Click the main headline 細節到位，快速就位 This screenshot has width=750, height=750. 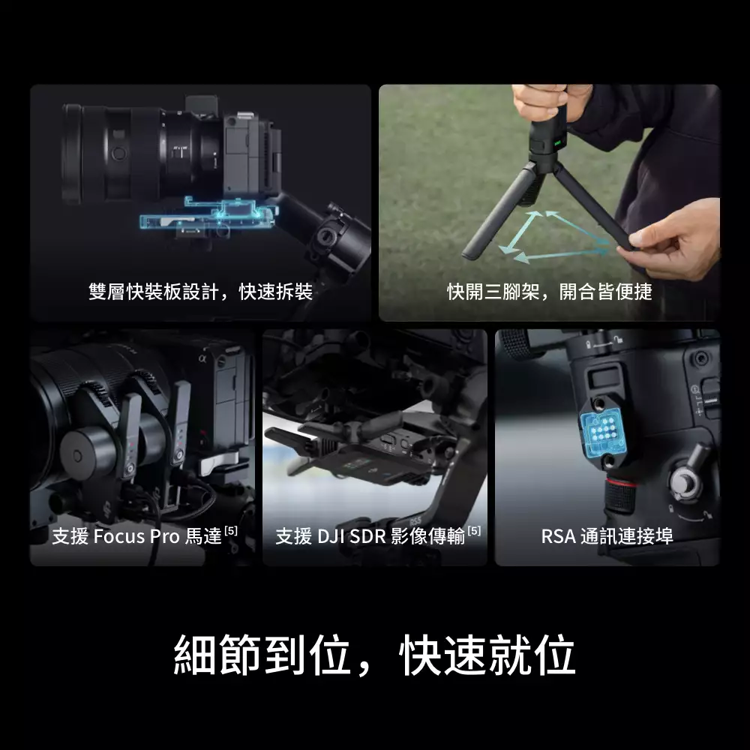(x=374, y=654)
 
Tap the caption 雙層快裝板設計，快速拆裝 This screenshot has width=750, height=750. (x=201, y=292)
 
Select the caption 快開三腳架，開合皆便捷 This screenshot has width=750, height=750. (x=550, y=292)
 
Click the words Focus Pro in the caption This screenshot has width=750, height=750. (x=136, y=536)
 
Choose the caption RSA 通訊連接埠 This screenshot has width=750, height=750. (x=607, y=536)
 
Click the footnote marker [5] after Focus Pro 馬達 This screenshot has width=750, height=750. (x=231, y=530)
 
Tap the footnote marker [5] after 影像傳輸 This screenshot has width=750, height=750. (x=474, y=530)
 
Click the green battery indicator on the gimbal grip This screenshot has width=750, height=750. (x=557, y=142)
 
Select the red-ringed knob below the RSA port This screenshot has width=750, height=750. (x=620, y=496)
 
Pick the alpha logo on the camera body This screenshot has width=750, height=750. (x=202, y=358)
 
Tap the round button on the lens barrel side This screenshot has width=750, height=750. (x=118, y=154)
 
